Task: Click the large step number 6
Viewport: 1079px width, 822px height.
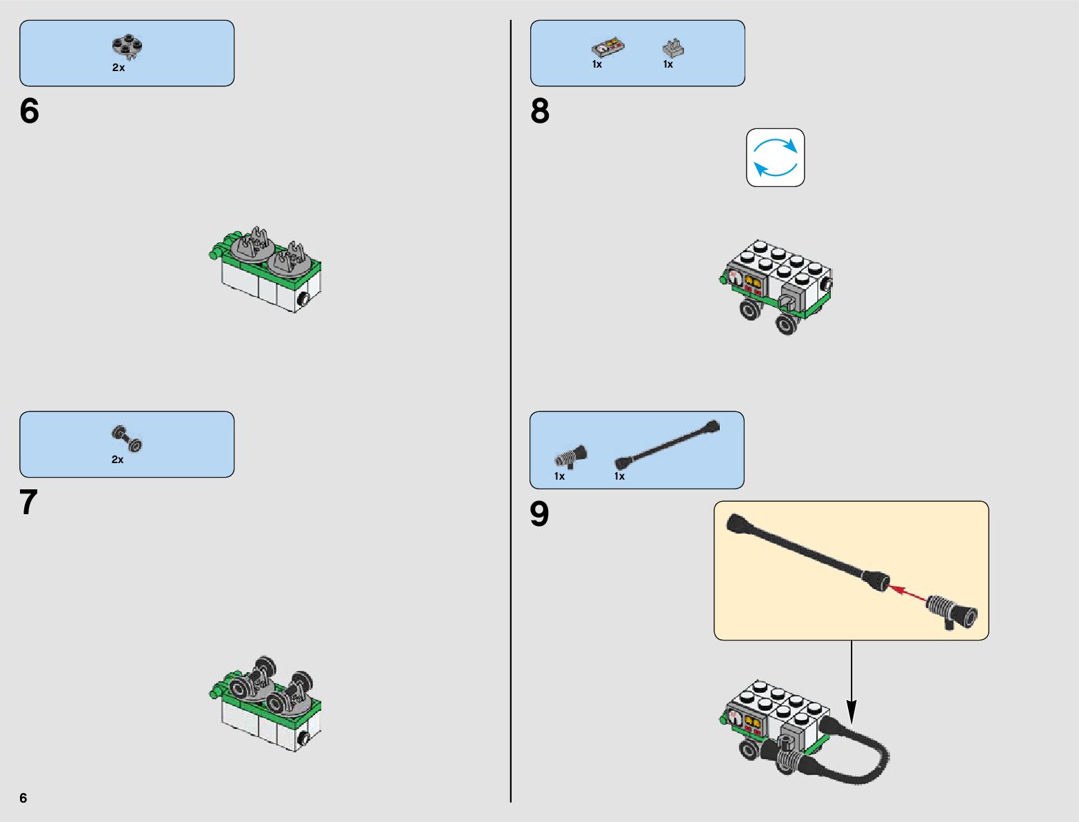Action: pyautogui.click(x=30, y=111)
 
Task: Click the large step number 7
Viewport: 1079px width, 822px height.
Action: pyautogui.click(x=28, y=502)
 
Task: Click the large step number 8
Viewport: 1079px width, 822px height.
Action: pyautogui.click(x=540, y=111)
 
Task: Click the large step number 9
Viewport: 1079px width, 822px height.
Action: pyautogui.click(x=539, y=514)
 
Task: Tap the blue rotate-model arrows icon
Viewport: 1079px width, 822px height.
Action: pyautogui.click(x=775, y=157)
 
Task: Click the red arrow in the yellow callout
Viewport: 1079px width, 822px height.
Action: pyautogui.click(x=906, y=593)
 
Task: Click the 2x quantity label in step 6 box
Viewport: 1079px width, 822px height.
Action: pyautogui.click(x=119, y=68)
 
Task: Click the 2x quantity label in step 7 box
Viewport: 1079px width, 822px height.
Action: pyautogui.click(x=118, y=460)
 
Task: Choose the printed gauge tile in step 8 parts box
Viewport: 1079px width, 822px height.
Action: pyautogui.click(x=608, y=48)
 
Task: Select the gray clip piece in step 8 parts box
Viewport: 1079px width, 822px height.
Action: pyautogui.click(x=673, y=48)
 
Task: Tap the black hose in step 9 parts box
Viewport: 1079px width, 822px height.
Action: pyautogui.click(x=667, y=444)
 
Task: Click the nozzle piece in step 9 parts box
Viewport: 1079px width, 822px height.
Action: pyautogui.click(x=571, y=456)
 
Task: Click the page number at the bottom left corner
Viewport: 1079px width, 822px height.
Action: pyautogui.click(x=23, y=798)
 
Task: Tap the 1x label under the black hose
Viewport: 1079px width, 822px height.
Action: pyautogui.click(x=619, y=476)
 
